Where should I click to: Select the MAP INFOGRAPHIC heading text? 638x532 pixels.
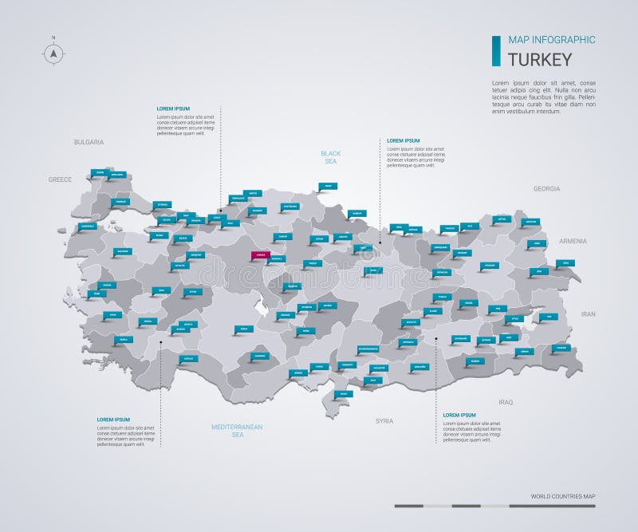539,40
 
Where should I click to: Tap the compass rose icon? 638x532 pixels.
53,53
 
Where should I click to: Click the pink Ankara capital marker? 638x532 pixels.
258,255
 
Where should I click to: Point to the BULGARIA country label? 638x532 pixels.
89,142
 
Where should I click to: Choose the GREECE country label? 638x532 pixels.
60,179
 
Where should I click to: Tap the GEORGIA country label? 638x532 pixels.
546,189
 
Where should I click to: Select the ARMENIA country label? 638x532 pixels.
573,241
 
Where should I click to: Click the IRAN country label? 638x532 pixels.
588,314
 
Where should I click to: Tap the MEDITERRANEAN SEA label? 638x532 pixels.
237,431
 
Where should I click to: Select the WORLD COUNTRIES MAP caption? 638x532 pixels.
563,496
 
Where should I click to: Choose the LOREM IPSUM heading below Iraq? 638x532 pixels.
459,415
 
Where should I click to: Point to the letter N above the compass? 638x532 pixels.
53,37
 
